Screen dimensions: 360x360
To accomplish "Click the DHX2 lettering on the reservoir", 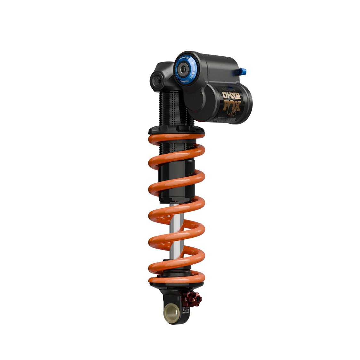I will coord(230,95).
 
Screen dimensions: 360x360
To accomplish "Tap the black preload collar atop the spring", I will coord(176,130).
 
